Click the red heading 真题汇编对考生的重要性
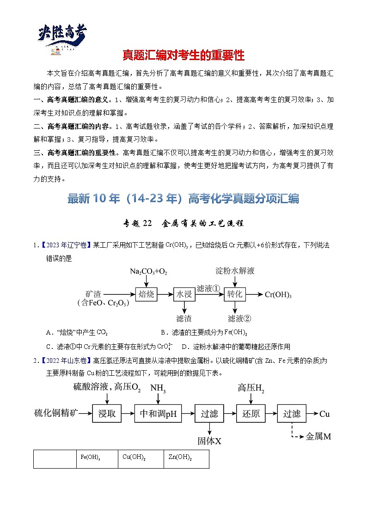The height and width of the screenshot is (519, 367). click(183, 55)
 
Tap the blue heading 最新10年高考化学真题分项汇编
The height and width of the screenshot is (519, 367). click(183, 199)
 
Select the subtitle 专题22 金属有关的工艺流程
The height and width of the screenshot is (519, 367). click(183, 223)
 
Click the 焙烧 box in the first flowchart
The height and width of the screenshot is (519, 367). click(148, 294)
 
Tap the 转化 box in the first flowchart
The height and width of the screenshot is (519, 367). click(235, 294)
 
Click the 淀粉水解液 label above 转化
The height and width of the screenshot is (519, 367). click(235, 271)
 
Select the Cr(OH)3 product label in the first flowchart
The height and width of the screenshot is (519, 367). click(278, 295)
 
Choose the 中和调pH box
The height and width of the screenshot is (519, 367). click(159, 414)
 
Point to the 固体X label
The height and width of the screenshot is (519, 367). click(209, 441)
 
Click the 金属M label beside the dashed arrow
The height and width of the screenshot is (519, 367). click(319, 436)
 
